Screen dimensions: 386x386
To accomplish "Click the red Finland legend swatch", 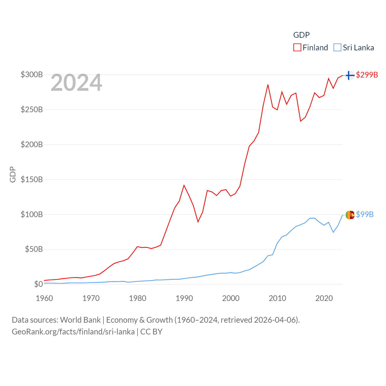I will coord(297,48).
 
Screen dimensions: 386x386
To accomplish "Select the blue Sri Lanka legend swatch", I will coord(337,48).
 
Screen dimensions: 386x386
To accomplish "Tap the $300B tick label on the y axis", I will coord(32,74).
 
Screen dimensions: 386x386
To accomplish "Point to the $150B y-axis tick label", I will coord(32,179).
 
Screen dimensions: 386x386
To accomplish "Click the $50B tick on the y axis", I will coord(34,249).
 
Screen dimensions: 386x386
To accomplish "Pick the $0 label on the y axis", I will coord(38,284).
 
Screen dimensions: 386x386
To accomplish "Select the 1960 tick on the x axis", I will coord(44,298).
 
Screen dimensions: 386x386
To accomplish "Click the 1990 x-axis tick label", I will coord(184,298).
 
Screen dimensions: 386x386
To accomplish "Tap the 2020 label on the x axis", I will coord(324,298).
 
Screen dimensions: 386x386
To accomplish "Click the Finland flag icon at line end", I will coord(350,75).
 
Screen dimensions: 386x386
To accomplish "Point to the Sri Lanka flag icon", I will coord(350,215).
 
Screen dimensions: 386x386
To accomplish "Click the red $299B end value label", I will coord(367,75).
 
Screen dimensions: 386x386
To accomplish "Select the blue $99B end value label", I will coord(365,214).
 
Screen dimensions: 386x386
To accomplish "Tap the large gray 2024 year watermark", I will coord(76,83).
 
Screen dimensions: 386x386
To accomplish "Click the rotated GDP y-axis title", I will coord(13,174).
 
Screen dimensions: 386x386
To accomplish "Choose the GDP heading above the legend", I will coord(301,35).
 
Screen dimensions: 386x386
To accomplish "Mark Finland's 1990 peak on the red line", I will coord(184,185).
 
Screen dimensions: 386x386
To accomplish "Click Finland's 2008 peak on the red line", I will coord(268,85).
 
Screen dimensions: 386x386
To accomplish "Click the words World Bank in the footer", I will coord(81,320).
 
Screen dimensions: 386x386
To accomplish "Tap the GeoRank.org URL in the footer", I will coord(73,332).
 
